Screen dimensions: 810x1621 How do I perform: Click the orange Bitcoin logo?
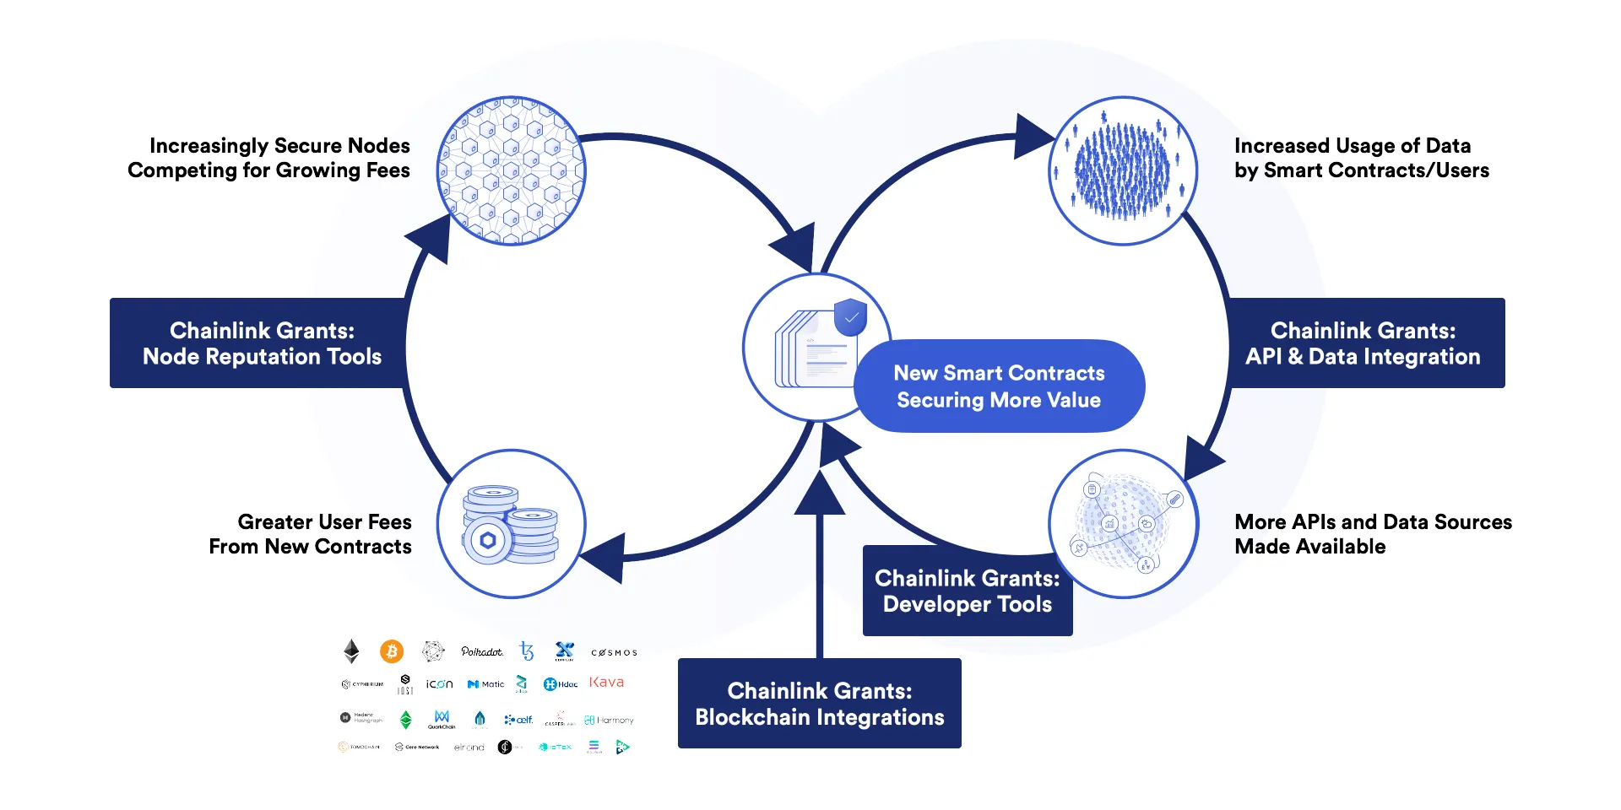[x=391, y=651]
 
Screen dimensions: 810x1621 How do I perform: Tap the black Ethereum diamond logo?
[x=351, y=651]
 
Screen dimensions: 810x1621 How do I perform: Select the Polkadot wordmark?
[x=481, y=651]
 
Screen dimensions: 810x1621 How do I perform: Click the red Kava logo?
[x=606, y=682]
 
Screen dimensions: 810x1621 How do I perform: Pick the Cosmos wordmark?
[x=614, y=652]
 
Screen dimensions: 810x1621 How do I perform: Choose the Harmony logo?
[x=609, y=720]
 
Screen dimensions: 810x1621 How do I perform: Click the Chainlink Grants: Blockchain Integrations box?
[x=819, y=703]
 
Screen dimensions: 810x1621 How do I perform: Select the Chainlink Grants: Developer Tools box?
[x=967, y=591]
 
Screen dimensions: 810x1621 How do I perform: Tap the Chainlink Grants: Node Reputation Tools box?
[x=262, y=343]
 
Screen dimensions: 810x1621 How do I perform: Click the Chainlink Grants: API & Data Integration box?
[x=1363, y=343]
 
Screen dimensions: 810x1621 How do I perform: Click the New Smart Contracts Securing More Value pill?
[x=999, y=386]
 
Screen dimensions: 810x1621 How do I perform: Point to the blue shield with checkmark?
[x=850, y=317]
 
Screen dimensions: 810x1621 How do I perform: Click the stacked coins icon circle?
[x=511, y=524]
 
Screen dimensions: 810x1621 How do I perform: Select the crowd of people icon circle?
[x=1123, y=171]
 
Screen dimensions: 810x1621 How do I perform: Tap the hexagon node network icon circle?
[x=511, y=171]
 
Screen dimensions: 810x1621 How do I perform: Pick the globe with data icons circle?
[x=1123, y=524]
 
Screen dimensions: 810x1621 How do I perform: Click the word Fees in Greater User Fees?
[x=389, y=521]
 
